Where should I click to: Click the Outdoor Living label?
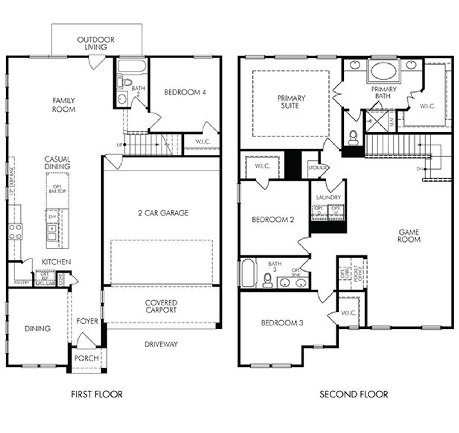(x=96, y=43)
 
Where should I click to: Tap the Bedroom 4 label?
(x=185, y=93)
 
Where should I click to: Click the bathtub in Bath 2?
(x=131, y=66)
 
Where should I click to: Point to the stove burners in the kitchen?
(x=15, y=231)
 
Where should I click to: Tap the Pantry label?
(x=22, y=283)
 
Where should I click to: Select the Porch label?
(x=86, y=358)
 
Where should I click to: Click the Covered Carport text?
(x=161, y=306)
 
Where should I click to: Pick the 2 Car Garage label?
(x=163, y=213)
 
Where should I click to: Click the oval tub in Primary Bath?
(x=383, y=71)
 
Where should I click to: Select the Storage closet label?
(x=317, y=168)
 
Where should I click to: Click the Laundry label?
(x=328, y=197)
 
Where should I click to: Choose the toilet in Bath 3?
(x=267, y=280)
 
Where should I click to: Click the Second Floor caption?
(x=354, y=395)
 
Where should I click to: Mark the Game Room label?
(x=409, y=236)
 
